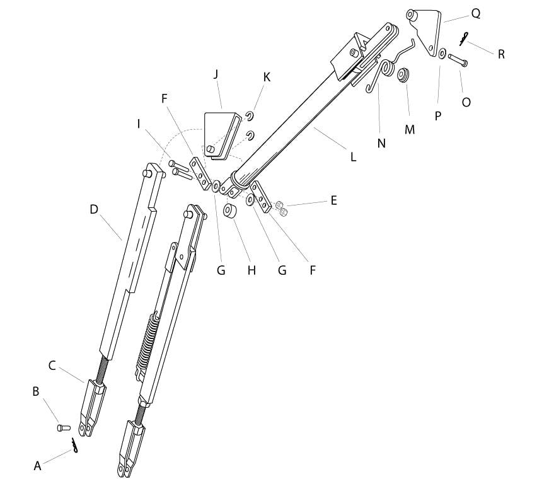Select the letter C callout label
(52, 365)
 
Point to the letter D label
(94, 209)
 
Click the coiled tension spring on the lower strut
(146, 340)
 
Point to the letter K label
(267, 77)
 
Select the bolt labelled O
(457, 61)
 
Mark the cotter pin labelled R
(465, 39)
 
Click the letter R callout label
(501, 54)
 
